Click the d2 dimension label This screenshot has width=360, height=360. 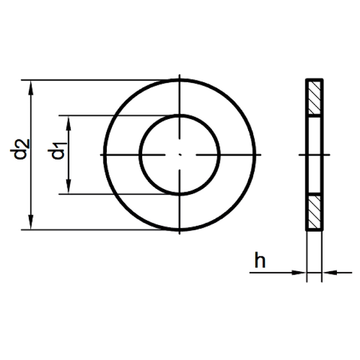click(x=20, y=149)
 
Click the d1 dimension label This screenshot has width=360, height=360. click(x=57, y=150)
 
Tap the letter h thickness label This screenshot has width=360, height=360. click(x=260, y=260)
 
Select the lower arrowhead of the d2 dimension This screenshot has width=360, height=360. click(x=31, y=222)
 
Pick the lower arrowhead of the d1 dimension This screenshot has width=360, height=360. click(x=68, y=186)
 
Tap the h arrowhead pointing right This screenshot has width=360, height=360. click(x=299, y=273)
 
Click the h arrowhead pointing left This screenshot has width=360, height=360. click(x=329, y=273)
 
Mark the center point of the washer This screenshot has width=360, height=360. click(x=180, y=155)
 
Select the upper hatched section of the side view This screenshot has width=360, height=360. click(x=314, y=98)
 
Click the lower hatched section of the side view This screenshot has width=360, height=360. click(x=314, y=212)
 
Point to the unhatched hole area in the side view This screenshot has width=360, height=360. click(x=314, y=155)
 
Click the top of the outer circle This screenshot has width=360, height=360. click(x=180, y=80)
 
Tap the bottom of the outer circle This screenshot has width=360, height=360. click(x=180, y=230)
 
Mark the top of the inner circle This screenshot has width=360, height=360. click(x=180, y=116)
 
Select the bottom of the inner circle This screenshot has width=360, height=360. click(x=180, y=194)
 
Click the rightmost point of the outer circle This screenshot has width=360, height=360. click(x=255, y=155)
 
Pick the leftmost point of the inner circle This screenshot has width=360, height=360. click(x=140, y=155)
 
